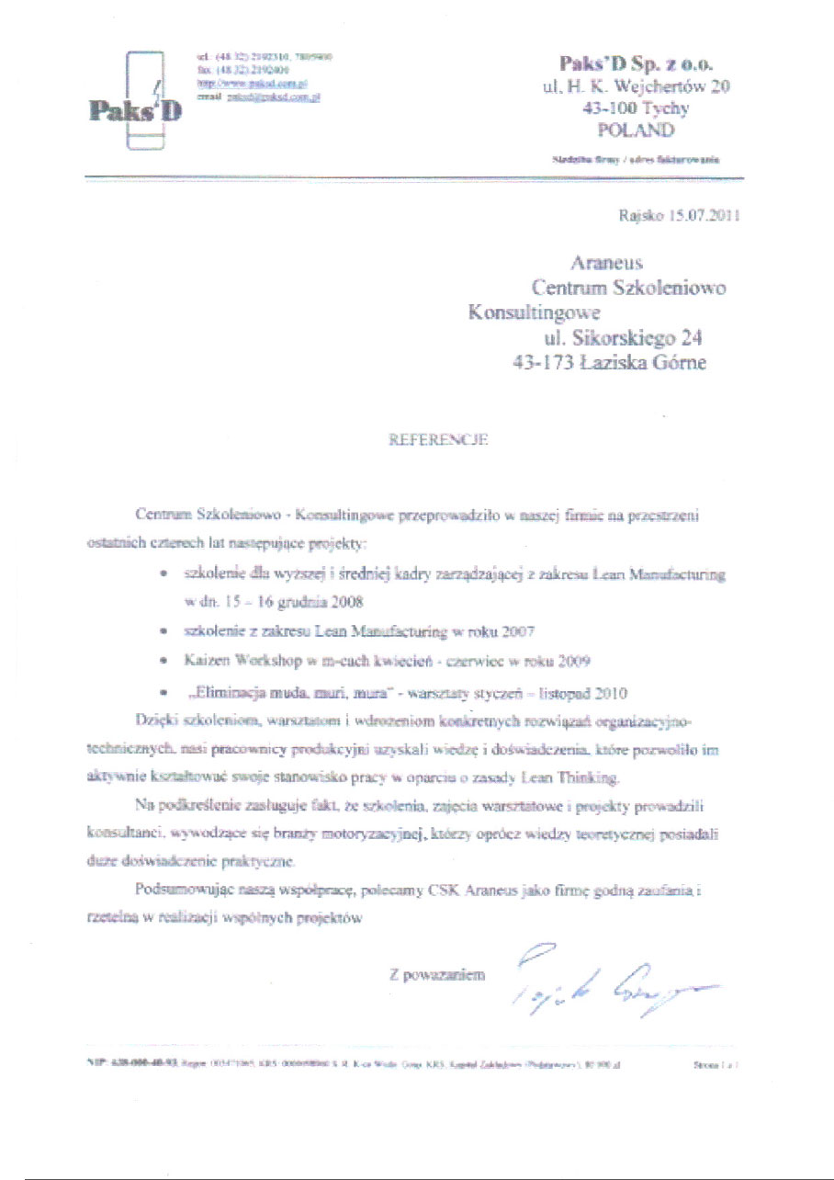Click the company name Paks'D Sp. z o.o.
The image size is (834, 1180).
pos(636,63)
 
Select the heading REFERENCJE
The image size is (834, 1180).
pos(440,439)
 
